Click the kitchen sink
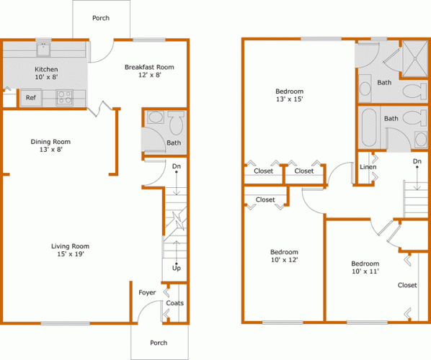pos(43,49)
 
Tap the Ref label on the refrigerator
pos(31,97)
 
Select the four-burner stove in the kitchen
pos(65,97)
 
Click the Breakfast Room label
pos(149,67)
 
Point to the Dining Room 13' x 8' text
pos(50,145)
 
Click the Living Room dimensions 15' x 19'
pos(71,254)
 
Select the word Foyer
pos(147,292)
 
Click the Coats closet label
pos(175,303)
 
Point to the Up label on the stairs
pos(177,268)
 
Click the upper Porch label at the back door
pos(101,18)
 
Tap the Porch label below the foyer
pos(159,343)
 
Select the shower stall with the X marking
pos(414,58)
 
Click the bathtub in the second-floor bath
pos(369,128)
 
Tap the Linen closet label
pos(368,167)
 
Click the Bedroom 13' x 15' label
pos(290,95)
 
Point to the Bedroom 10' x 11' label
pos(365,267)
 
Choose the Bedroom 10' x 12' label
pos(284,256)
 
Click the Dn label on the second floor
pos(417,161)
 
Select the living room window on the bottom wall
pos(66,323)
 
